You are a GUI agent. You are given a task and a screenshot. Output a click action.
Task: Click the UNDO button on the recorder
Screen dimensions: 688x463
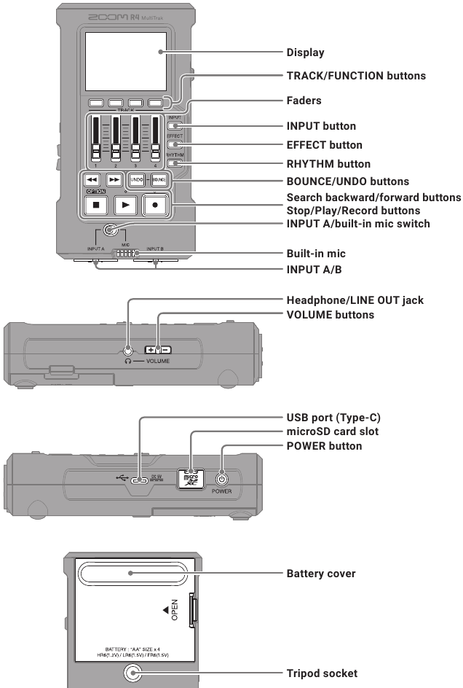point(136,179)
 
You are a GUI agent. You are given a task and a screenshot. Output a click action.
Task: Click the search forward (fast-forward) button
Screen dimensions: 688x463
point(114,179)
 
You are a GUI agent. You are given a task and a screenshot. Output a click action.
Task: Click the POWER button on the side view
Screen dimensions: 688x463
point(222,480)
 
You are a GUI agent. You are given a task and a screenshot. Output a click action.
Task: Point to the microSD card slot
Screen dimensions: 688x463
point(191,478)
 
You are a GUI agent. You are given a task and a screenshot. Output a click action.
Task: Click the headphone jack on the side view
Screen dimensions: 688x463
point(129,350)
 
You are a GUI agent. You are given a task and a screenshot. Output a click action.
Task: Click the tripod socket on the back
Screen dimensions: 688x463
point(132,673)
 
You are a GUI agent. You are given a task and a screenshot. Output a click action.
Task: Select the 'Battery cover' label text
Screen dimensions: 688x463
point(320,574)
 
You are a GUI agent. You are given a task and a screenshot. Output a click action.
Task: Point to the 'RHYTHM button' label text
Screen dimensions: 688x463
point(328,164)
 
